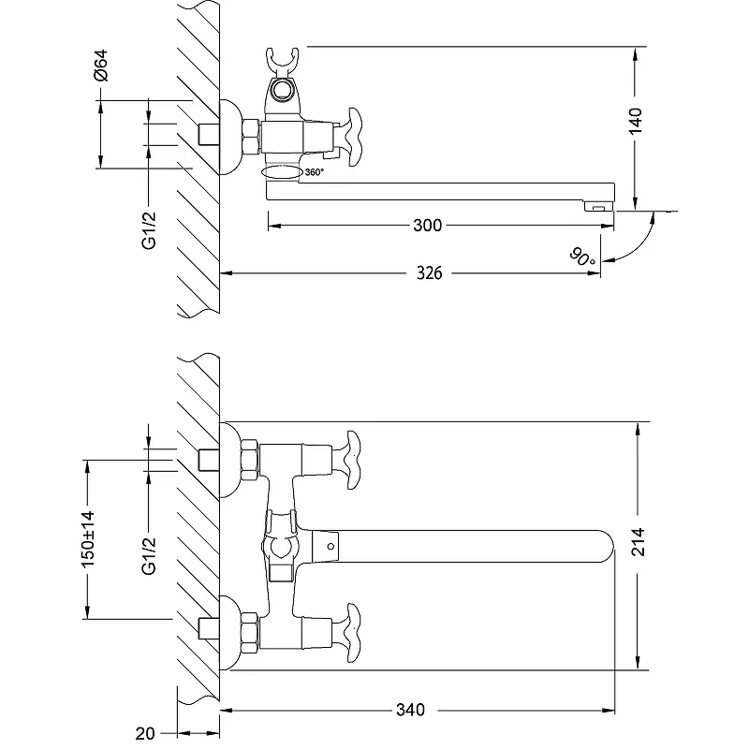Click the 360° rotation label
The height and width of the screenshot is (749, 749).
314,172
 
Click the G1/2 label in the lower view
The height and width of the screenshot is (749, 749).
148,557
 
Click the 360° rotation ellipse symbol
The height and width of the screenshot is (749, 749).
282,172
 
